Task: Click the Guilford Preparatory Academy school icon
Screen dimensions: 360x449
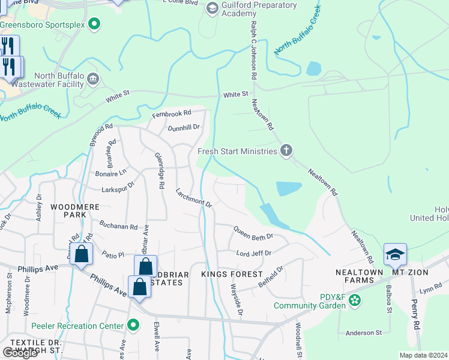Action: (x=212, y=8)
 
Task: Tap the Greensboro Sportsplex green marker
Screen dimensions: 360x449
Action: (x=94, y=25)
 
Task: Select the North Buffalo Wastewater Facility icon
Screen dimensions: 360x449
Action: (x=93, y=79)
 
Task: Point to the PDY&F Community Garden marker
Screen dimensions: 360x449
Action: (x=355, y=299)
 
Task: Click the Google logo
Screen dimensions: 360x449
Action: (x=20, y=352)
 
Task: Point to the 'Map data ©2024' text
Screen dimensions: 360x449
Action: (x=423, y=355)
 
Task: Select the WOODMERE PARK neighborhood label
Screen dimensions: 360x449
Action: (x=70, y=211)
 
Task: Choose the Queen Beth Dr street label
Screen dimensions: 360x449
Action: (x=253, y=232)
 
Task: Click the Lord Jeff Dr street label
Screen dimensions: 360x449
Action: (x=253, y=253)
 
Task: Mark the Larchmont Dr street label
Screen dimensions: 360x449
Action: (x=194, y=197)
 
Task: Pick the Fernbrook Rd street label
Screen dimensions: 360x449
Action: (x=171, y=113)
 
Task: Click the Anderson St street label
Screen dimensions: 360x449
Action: (x=363, y=332)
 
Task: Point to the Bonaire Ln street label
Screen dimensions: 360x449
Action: (x=111, y=172)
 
